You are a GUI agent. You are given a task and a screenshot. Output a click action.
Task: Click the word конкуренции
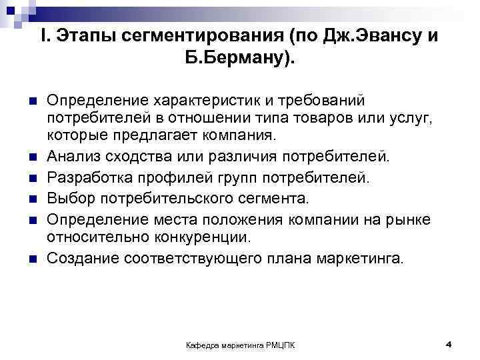(205, 238)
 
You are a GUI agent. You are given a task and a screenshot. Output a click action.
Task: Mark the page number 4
(449, 343)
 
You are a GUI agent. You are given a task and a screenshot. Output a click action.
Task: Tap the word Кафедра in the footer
(201, 345)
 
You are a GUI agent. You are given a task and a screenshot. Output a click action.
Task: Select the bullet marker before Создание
(31, 259)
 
